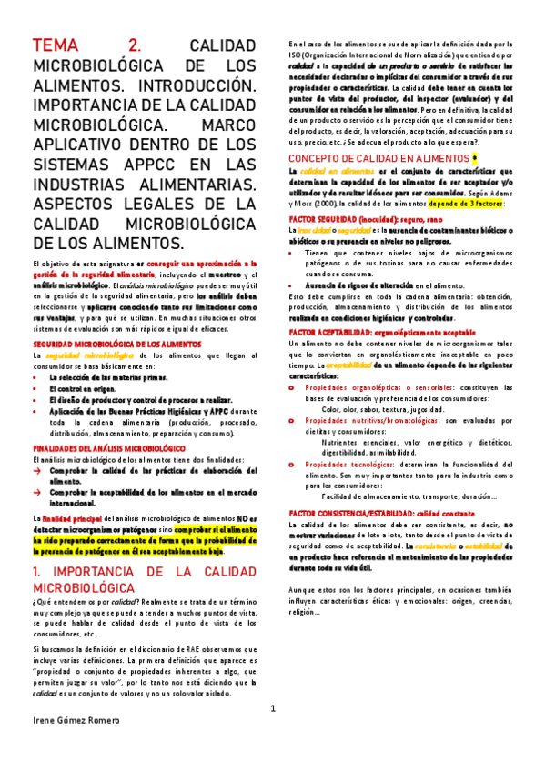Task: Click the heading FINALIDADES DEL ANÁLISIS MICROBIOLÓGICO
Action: [102, 449]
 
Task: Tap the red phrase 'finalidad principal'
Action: [83, 516]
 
